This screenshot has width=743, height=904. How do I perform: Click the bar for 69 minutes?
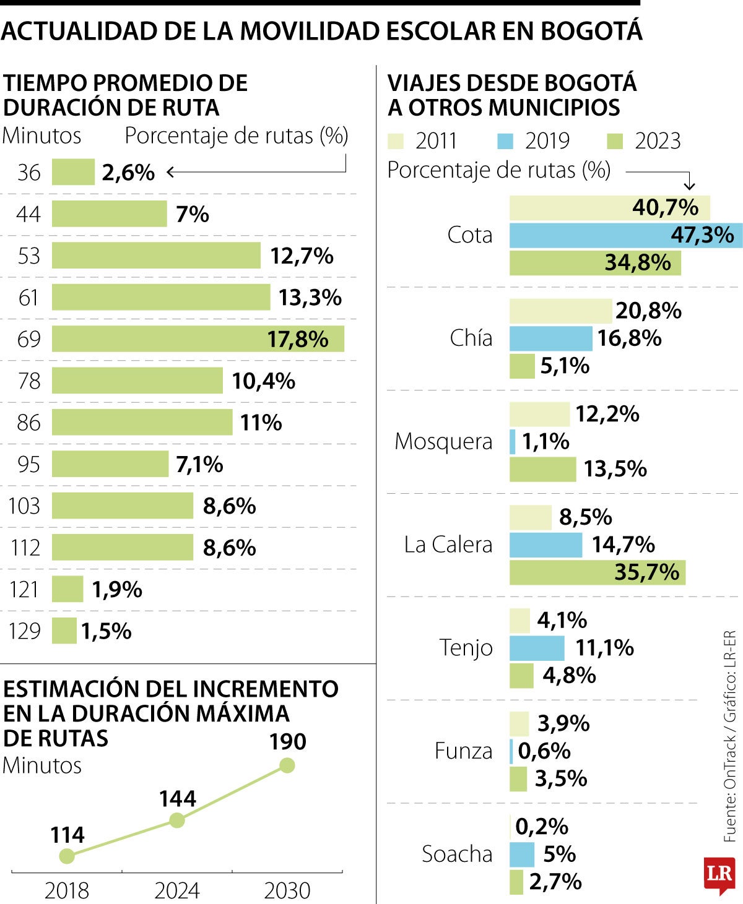(x=198, y=339)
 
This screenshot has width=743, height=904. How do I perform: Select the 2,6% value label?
(x=128, y=173)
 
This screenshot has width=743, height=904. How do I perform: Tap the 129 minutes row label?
(x=25, y=631)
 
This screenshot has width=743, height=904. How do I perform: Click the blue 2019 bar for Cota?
(x=625, y=235)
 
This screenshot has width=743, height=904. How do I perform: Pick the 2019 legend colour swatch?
(x=505, y=141)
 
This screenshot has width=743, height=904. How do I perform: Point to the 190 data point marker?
(x=287, y=765)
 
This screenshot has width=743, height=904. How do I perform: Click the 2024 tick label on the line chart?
(x=177, y=890)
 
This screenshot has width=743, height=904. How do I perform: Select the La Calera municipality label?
(x=448, y=545)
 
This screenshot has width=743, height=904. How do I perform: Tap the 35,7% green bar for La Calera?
(x=597, y=572)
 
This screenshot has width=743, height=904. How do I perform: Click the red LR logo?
(x=719, y=874)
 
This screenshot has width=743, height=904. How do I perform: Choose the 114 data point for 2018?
(x=67, y=856)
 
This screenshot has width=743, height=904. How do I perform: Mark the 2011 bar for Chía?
(x=560, y=311)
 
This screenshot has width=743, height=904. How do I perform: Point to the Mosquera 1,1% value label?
(x=545, y=442)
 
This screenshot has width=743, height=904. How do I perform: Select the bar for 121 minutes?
(x=67, y=589)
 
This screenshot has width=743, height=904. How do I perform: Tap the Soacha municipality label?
(x=457, y=854)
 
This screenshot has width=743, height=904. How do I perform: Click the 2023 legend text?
(x=658, y=141)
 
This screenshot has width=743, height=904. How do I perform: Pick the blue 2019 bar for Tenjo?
(x=537, y=648)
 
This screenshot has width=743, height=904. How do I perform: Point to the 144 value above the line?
(x=177, y=799)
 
